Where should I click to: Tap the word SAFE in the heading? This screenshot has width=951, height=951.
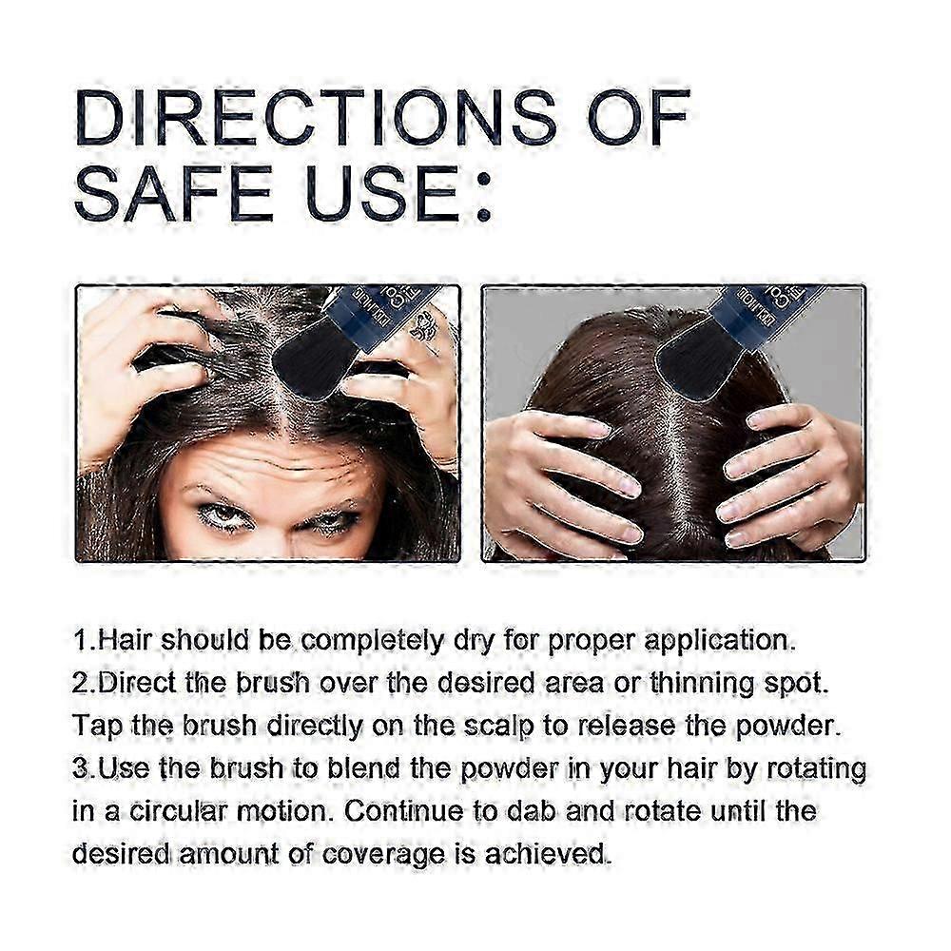click(175, 193)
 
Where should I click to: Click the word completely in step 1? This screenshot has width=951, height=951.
click(372, 642)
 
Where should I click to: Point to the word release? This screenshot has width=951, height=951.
click(627, 726)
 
